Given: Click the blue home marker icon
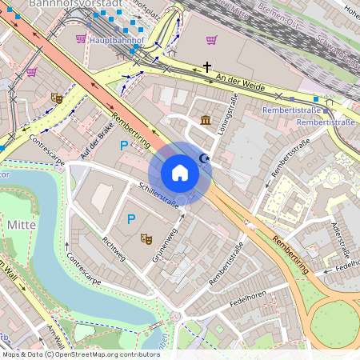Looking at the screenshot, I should point(180,173).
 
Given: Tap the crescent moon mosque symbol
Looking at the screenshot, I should point(204,160).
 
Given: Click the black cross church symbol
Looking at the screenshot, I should point(207,67).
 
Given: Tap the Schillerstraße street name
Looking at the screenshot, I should point(158,193).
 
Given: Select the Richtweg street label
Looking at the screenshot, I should point(113,239).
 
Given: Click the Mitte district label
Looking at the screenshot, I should point(22,225).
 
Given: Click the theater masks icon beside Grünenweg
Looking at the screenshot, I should point(146,238).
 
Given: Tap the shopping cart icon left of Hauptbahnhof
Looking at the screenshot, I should point(80,38).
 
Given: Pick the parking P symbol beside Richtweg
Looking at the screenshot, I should point(132,218).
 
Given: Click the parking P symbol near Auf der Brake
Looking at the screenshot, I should point(123,145).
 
